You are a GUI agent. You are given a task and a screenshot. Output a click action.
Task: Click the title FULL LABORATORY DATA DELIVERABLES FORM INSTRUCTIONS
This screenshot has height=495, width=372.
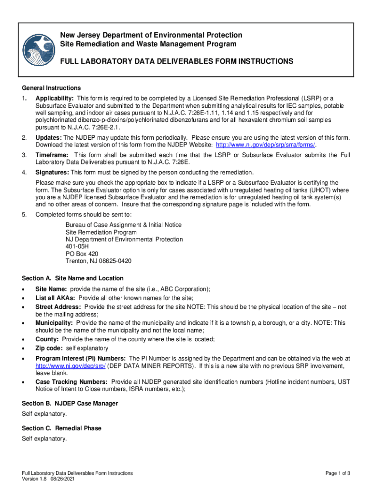[176, 61]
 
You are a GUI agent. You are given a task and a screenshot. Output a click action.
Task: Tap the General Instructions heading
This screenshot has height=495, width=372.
[51, 88]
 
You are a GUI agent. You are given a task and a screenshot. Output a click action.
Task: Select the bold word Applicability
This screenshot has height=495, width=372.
[53, 98]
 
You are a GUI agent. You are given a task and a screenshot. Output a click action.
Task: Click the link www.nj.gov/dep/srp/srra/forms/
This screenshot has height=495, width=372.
[266, 145]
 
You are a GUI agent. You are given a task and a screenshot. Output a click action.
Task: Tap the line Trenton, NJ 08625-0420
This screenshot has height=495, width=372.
[99, 261]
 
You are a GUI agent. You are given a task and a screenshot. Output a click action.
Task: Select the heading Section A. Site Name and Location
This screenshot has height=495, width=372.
[73, 278]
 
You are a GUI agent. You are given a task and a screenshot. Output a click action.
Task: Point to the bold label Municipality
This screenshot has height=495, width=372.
[54, 322]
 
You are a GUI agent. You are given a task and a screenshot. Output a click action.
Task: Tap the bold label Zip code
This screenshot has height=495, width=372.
[49, 349]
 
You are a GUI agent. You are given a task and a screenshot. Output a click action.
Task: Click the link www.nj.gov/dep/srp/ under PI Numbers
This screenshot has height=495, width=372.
[71, 366]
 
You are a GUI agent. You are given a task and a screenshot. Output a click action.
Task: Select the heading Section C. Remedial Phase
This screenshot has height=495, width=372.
[62, 428]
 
